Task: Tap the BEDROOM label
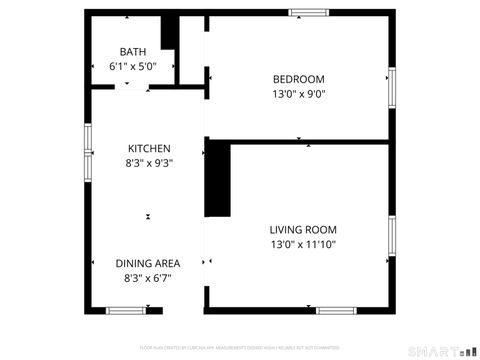(x=299, y=80)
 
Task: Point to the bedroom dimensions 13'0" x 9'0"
(x=299, y=94)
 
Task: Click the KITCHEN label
(x=148, y=149)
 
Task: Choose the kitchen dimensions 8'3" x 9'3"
(x=148, y=163)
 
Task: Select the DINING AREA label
(x=148, y=264)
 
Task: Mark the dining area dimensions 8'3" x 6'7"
(x=148, y=278)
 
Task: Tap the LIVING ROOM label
(x=303, y=229)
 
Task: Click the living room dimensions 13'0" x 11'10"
(x=303, y=243)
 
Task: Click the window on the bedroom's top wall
(x=309, y=13)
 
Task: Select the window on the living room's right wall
(x=391, y=240)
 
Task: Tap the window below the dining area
(x=127, y=311)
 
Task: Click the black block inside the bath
(x=170, y=33)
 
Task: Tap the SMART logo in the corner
(x=440, y=352)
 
